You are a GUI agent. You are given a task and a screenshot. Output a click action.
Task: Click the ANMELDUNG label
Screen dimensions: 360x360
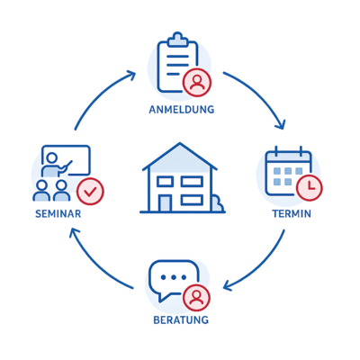click(182, 109)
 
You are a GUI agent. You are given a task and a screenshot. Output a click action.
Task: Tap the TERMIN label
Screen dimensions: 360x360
click(292, 214)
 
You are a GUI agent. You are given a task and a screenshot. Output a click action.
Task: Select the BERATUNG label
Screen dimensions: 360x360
click(181, 319)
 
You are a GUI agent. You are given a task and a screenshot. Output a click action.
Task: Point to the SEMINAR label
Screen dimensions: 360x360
click(58, 214)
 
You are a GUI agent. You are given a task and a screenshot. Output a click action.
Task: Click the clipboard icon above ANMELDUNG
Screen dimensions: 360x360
click(177, 62)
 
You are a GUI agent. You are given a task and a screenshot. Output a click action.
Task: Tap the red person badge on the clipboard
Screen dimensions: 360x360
click(197, 83)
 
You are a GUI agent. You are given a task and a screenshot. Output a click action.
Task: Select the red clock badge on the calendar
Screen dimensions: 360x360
click(310, 187)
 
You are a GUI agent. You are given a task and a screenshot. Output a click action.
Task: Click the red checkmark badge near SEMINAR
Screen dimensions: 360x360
click(90, 192)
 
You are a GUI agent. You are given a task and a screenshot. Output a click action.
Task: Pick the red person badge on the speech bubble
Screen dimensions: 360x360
click(196, 298)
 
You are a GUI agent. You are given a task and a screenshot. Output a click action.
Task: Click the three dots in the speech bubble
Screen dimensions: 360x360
click(174, 277)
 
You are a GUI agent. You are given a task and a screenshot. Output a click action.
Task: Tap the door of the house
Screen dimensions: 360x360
click(166, 203)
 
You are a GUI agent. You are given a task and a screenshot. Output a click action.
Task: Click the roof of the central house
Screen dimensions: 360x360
click(180, 157)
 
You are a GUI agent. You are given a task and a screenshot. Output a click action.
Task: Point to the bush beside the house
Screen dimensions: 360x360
click(218, 203)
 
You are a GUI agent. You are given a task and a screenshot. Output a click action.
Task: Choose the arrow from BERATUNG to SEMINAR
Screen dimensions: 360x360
click(95, 264)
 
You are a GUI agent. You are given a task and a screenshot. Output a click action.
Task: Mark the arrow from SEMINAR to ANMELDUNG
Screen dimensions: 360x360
click(99, 94)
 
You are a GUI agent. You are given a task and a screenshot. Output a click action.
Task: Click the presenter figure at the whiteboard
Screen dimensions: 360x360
click(54, 166)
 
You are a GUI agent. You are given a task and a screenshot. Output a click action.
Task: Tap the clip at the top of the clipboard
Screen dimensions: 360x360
click(178, 40)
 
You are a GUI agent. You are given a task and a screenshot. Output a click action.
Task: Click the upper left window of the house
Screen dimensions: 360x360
click(166, 182)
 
